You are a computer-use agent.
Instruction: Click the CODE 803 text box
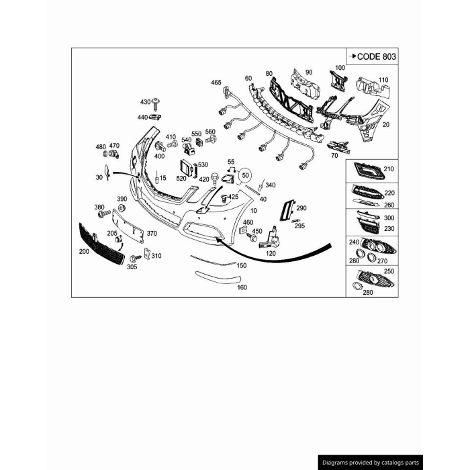coord(372,56)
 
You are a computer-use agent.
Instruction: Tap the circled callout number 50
coord(245,175)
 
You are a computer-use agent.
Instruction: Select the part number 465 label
coord(216,82)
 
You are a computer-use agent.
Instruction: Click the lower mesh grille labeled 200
coord(101,243)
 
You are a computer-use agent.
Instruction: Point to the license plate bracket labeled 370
coord(128,226)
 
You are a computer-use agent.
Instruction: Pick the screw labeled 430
coord(156,103)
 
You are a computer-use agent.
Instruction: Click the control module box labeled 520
coord(186,168)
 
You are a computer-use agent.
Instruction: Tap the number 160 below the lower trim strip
coord(242,287)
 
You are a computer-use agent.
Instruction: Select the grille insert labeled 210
coord(369,171)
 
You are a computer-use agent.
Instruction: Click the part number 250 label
coord(389,271)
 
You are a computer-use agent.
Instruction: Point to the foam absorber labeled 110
coord(373,88)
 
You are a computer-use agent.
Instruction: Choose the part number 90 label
coord(309,73)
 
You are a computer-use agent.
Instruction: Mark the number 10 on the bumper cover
coord(254,211)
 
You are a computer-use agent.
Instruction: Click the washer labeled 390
coord(122,207)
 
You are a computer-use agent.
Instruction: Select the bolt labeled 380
coord(103,214)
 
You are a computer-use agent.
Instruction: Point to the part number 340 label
coord(270,185)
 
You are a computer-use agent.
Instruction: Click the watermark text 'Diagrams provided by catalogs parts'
coord(371,463)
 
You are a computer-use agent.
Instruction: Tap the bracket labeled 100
coord(338,81)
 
